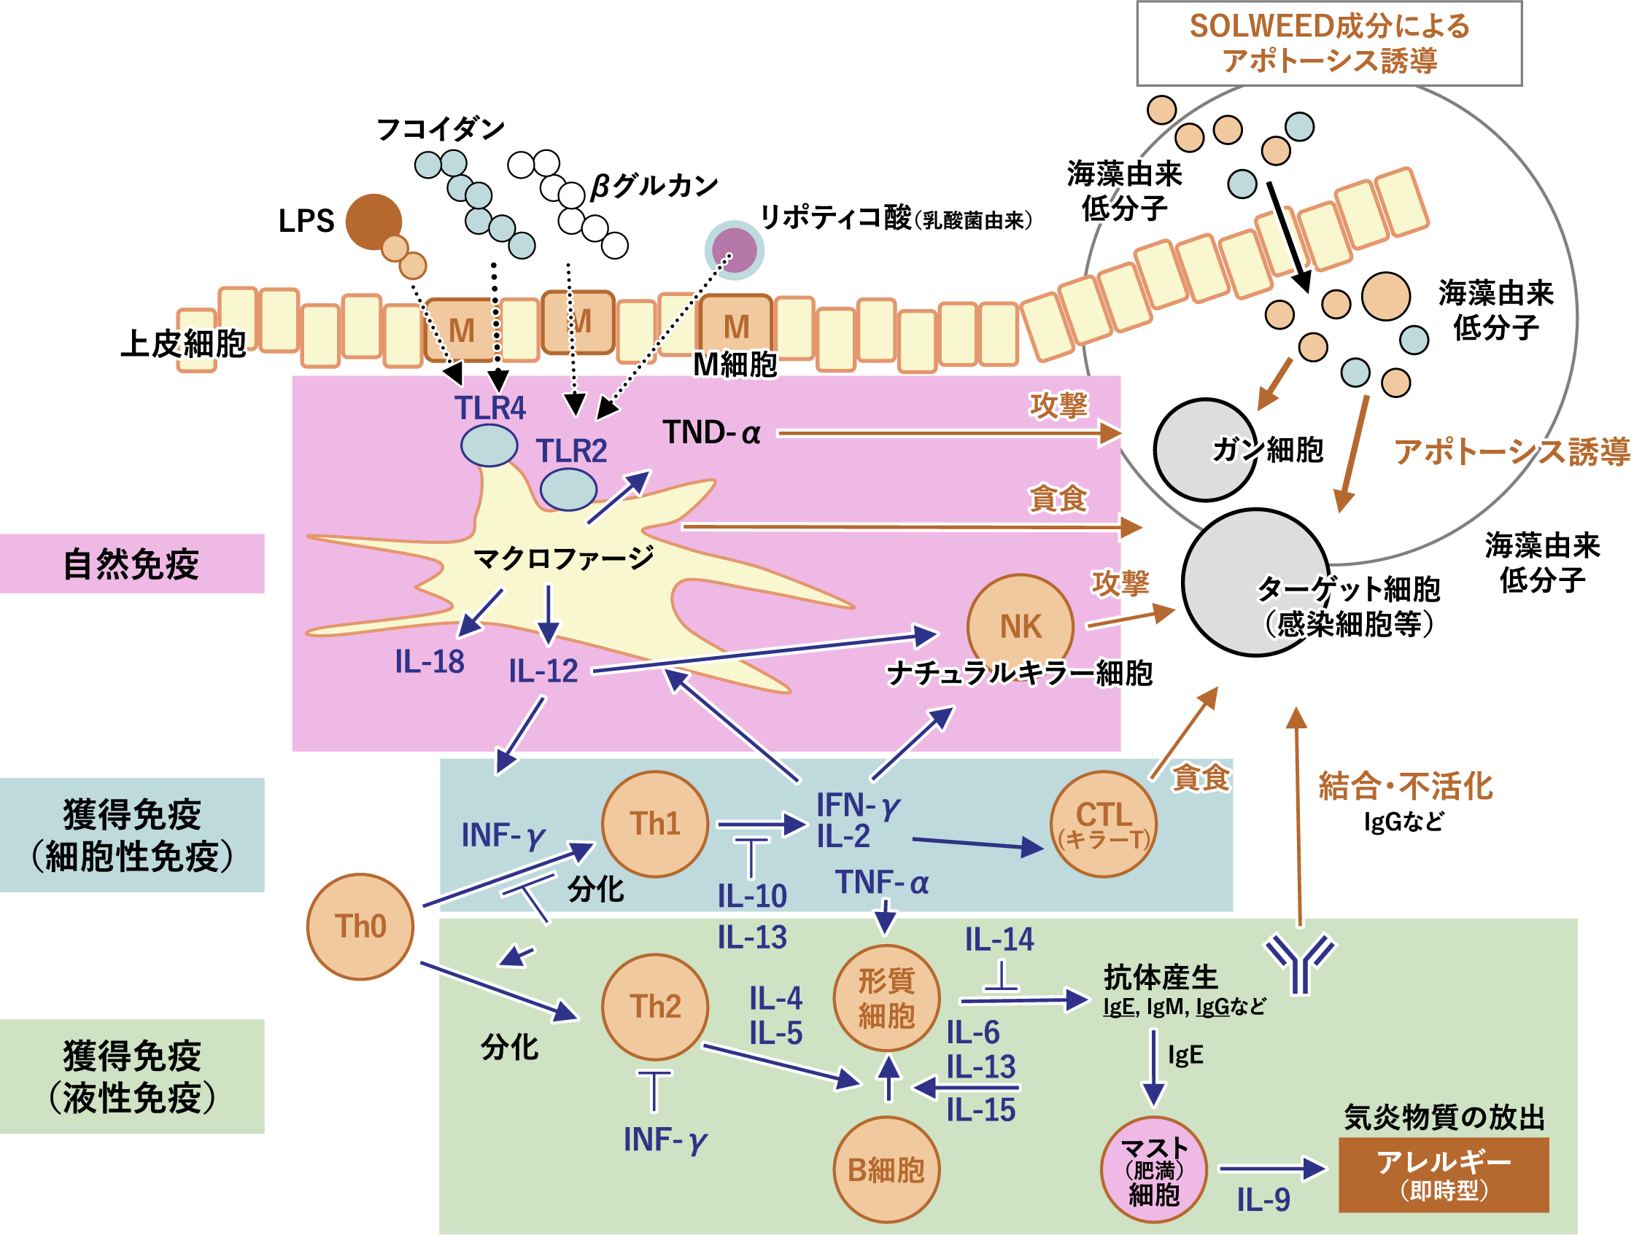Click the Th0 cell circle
360,927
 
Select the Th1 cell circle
654,824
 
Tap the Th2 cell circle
654,1007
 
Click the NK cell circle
1020,626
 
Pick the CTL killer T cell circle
1104,824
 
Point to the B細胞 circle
886,1170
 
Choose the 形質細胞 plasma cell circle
886,998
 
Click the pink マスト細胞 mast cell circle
1154,1170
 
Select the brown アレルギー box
1444,1174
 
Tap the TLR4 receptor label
489,408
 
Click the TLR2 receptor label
571,451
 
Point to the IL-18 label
429,661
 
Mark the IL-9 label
1263,1200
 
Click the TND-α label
711,432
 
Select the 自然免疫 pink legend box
132,564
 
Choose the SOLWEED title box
1329,44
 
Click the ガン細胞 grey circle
1206,450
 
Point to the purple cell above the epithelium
735,250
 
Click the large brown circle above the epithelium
373,221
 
